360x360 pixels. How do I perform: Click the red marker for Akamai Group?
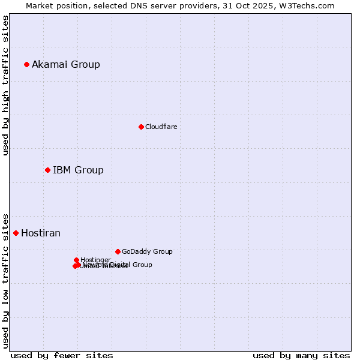coord(26,64)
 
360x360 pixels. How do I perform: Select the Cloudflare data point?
coord(141,127)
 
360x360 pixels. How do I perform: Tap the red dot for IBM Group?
coord(47,170)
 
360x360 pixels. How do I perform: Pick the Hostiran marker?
coord(16,233)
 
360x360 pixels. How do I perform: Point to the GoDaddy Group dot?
coord(118,251)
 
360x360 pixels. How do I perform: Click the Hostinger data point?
coord(76,260)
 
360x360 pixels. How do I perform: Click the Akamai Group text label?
coord(66,64)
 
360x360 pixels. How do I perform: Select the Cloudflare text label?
coord(161,127)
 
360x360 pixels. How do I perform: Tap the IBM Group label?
coord(78,170)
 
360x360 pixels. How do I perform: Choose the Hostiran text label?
coord(41,233)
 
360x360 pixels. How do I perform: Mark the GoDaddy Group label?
coord(147,251)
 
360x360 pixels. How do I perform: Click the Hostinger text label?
coord(95,260)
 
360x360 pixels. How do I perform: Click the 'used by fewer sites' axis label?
coord(62,355)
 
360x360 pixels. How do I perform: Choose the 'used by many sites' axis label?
coord(301,355)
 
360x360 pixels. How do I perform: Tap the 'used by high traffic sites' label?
coord(5,85)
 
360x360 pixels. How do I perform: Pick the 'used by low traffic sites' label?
coord(5,280)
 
